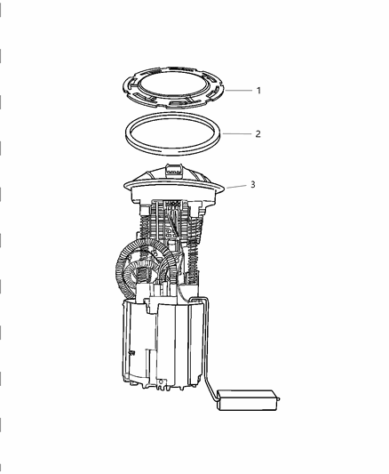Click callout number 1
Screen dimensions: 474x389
click(258, 91)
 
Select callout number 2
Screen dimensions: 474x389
click(258, 135)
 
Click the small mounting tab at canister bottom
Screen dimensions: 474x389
click(163, 386)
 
